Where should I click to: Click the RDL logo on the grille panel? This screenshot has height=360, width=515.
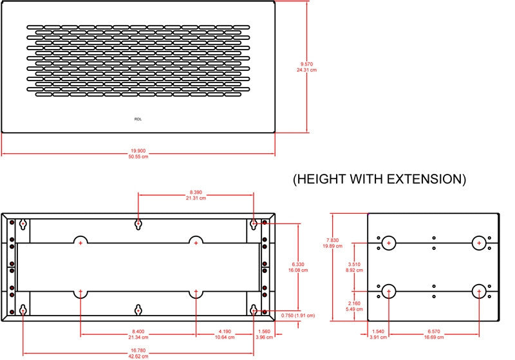138,119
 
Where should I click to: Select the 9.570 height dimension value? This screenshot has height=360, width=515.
306,64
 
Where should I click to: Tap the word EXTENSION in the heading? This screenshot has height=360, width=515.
426,179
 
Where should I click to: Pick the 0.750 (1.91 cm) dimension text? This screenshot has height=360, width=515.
298,316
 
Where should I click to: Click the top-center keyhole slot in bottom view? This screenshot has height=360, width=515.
138,220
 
